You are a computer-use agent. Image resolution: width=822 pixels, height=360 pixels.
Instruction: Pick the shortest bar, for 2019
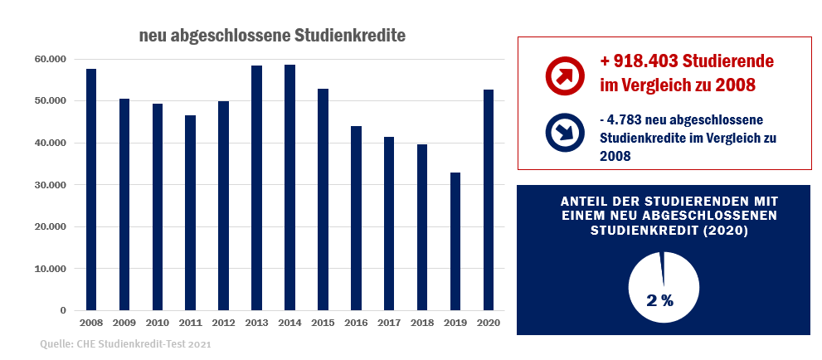click(455, 241)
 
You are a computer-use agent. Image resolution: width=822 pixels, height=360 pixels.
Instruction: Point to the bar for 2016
click(356, 218)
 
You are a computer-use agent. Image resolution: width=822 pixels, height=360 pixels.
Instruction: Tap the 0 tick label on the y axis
click(62, 310)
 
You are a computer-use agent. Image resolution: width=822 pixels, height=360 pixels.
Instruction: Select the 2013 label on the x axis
click(256, 322)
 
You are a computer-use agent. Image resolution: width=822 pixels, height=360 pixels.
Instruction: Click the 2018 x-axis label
click(422, 322)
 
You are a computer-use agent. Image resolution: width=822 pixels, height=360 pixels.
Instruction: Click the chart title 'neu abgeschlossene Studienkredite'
click(272, 36)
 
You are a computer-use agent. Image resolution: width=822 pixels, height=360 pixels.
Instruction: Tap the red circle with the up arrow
click(566, 75)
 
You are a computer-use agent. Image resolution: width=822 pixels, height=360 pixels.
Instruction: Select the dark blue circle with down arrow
click(566, 134)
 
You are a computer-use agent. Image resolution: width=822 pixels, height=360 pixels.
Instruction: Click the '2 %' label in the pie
click(659, 300)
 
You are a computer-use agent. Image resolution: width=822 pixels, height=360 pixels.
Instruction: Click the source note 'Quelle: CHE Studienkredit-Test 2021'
click(124, 343)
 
